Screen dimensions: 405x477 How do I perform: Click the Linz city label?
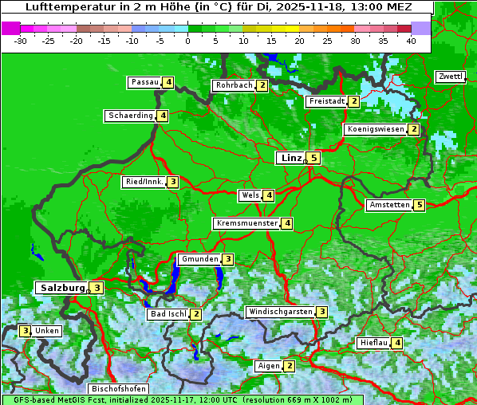pos(291,158)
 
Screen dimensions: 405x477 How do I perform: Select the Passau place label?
pos(145,82)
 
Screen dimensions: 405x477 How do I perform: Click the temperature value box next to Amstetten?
pos(420,205)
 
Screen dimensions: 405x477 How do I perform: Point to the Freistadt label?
pos(326,101)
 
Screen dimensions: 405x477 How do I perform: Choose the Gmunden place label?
pos(199,259)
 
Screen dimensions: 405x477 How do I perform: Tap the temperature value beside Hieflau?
pos(397,343)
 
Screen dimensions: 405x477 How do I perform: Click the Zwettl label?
pos(450,77)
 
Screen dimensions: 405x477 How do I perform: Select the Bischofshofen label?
pos(119,389)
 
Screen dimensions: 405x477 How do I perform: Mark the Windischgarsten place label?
pos(280,312)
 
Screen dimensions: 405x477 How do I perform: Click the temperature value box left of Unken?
pos(26,331)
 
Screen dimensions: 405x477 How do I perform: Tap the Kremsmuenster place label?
pos(246,223)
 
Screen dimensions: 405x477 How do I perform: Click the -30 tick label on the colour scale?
pos(21,41)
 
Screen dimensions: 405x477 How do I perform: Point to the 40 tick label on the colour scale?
pos(411,41)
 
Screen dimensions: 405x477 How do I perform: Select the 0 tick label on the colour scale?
pos(187,41)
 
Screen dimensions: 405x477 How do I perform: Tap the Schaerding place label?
pos(131,116)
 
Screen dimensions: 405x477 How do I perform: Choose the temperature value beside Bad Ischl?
pos(196,314)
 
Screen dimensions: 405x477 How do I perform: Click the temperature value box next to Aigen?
pos(290,366)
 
